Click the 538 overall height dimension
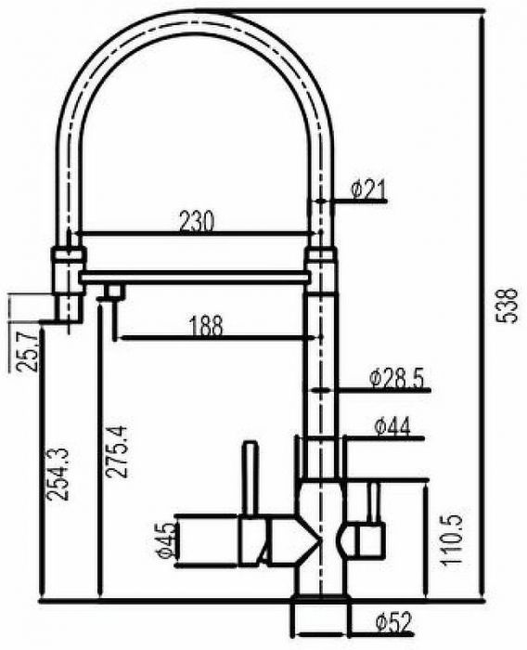[507, 305]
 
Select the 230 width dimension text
[198, 221]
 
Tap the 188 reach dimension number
[206, 326]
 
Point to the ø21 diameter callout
[368, 189]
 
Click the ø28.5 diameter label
[397, 378]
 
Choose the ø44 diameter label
[392, 426]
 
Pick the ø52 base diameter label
[395, 623]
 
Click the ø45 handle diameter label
[167, 540]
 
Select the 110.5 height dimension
[451, 540]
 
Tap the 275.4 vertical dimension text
[116, 452]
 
